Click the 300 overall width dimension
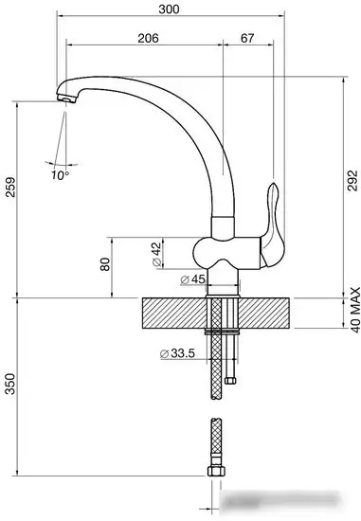pyautogui.click(x=169, y=9)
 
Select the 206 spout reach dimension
pyautogui.click(x=148, y=38)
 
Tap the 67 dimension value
pyautogui.click(x=247, y=38)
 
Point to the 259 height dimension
pyautogui.click(x=10, y=187)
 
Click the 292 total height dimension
pyautogui.click(x=352, y=181)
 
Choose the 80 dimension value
pyautogui.click(x=105, y=264)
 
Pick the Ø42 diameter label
pyautogui.click(x=156, y=255)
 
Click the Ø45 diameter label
pyautogui.click(x=192, y=279)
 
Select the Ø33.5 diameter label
pyautogui.click(x=177, y=353)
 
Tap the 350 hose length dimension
pyautogui.click(x=10, y=384)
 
